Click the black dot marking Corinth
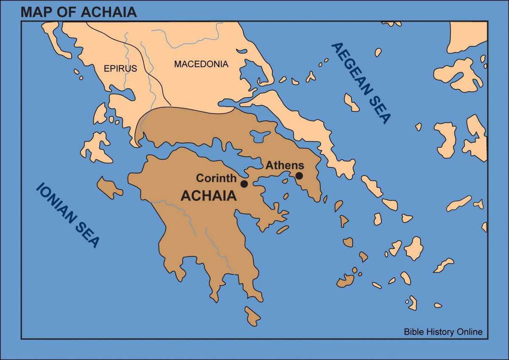tap(244, 184)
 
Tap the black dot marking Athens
tap(299, 175)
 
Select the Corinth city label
tap(216, 178)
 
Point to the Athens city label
tap(285, 166)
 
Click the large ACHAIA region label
tap(209, 196)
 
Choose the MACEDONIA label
tap(201, 64)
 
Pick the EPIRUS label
tap(120, 68)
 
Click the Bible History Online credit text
tap(443, 332)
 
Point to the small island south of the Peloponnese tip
tap(252, 315)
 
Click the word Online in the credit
tap(469, 332)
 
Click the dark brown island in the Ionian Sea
tap(109, 188)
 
